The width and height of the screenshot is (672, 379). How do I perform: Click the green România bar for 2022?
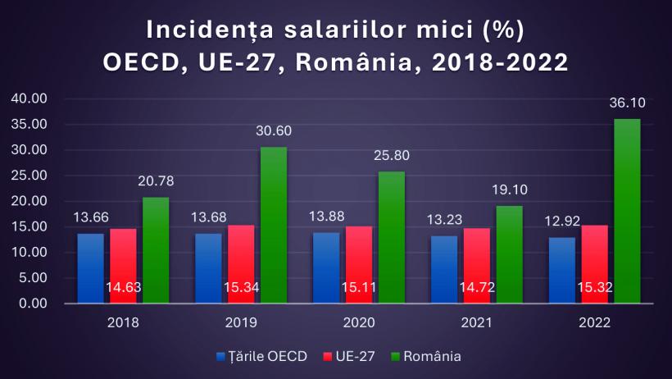627,211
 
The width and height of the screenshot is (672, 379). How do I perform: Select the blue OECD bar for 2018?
90,268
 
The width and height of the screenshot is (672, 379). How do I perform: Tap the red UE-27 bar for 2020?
360,264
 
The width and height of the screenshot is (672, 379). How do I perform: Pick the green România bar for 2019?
274,225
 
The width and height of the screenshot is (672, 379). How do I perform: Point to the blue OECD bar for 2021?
444,269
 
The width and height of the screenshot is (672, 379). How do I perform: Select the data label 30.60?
273,130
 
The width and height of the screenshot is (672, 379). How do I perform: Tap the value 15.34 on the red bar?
241,288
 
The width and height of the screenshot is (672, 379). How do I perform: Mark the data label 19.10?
509,189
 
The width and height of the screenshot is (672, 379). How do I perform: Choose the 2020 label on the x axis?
358,322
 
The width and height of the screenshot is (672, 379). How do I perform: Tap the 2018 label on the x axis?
123,322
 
